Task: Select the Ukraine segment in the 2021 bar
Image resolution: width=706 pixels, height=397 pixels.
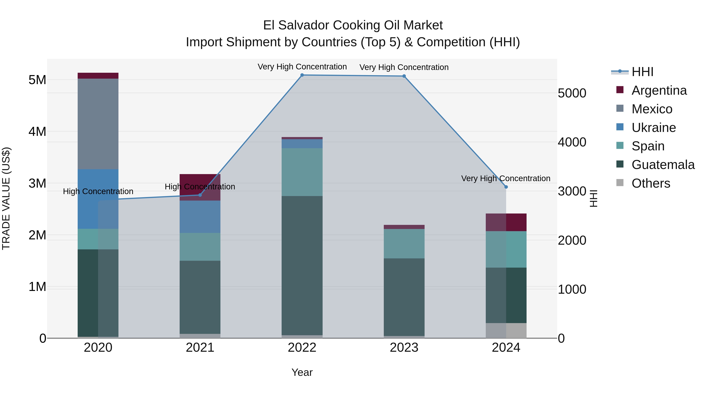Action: coord(200,216)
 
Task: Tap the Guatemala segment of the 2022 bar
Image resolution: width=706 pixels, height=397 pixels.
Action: coord(302,265)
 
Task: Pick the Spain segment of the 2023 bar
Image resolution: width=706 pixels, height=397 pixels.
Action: coord(404,243)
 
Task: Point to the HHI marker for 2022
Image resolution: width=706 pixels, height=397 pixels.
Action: coord(302,75)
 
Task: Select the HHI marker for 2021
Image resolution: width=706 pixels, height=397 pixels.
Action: coord(200,195)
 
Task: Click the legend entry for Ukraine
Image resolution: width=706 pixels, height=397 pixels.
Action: coord(653,128)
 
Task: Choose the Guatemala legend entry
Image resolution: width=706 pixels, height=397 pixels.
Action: coord(663,165)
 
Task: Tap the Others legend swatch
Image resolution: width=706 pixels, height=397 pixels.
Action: coord(620,183)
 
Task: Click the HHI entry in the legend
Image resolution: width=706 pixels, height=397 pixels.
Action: coord(642,72)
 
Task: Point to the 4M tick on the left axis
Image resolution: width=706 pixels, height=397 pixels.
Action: coord(37,132)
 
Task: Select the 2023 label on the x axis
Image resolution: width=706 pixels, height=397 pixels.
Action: coord(404,348)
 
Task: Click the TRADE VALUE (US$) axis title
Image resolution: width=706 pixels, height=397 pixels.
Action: coord(6,198)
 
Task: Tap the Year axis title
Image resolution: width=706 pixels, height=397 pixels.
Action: coord(302,372)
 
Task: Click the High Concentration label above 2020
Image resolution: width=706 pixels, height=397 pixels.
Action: coord(98,191)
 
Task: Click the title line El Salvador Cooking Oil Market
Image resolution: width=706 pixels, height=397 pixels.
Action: coord(353,25)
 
